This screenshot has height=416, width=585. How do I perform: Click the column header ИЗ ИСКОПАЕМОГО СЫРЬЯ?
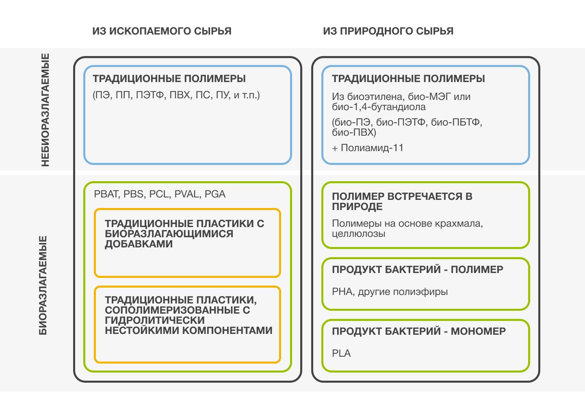point(162,31)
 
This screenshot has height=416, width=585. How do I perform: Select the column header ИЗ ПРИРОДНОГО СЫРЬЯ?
point(388,31)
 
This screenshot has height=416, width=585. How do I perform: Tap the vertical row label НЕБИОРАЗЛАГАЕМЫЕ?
point(45,110)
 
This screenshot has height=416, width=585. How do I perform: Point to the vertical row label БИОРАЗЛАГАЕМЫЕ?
point(43,285)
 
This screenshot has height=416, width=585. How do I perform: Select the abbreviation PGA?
point(215,194)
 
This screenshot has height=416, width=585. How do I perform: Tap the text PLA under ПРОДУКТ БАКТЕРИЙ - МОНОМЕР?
point(341,353)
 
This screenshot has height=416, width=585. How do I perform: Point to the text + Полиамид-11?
point(368,148)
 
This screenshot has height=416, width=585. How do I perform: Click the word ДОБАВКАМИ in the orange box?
point(139,244)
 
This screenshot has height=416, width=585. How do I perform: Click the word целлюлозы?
point(358,234)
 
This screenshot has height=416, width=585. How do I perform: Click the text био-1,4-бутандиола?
point(379,107)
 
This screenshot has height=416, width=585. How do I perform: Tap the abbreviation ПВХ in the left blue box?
point(180,95)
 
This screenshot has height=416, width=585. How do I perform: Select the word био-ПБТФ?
point(456,122)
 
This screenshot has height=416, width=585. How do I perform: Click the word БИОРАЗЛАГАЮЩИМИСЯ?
point(169,234)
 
